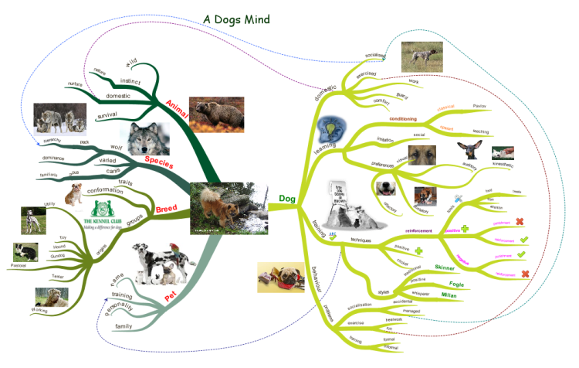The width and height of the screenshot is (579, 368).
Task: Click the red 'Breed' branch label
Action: point(167,210)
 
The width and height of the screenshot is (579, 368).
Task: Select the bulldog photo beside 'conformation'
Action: point(75,194)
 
